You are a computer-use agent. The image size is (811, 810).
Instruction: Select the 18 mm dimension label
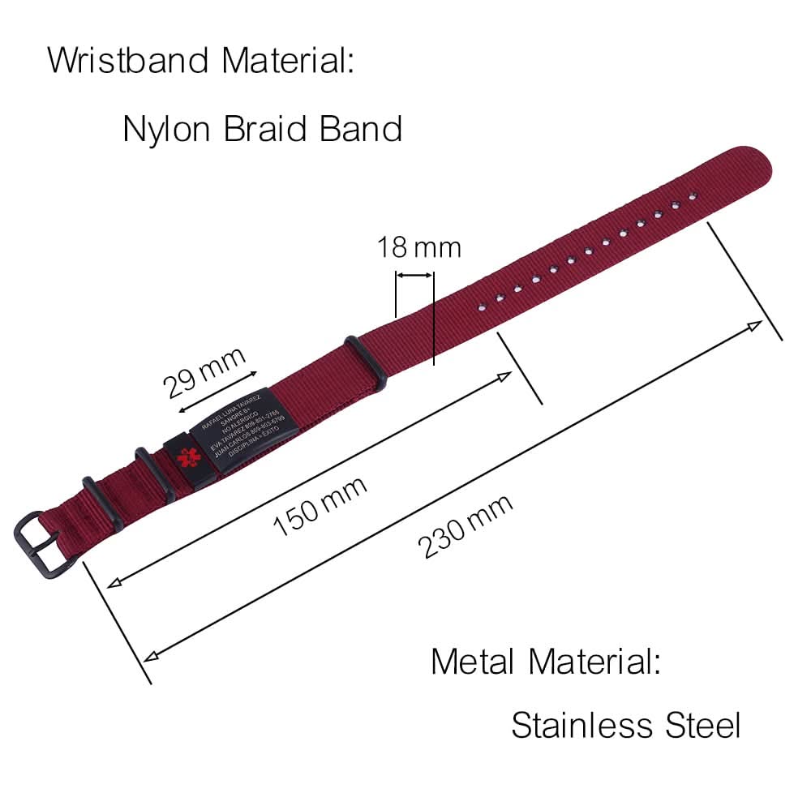click(x=418, y=247)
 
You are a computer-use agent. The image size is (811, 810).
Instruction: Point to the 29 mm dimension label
click(x=204, y=372)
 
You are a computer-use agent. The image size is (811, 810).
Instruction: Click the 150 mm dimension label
click(x=320, y=506)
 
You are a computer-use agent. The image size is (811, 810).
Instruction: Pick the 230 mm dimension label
click(x=466, y=526)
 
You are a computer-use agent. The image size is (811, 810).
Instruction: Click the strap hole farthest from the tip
click(x=480, y=306)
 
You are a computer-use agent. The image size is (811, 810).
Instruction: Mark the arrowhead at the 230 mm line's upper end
click(x=755, y=325)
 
